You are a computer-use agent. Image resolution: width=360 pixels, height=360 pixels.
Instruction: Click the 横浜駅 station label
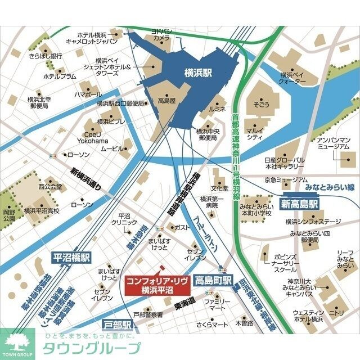198,72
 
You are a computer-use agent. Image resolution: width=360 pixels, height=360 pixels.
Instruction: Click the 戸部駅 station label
118,325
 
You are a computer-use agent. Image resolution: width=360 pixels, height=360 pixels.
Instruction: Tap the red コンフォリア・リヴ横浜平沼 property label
156,285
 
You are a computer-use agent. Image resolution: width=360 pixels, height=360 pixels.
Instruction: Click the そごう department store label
258,105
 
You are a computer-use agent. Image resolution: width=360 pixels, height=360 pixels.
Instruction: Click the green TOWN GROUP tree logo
17,341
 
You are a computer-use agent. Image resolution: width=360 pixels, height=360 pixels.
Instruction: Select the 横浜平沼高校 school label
41,211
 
